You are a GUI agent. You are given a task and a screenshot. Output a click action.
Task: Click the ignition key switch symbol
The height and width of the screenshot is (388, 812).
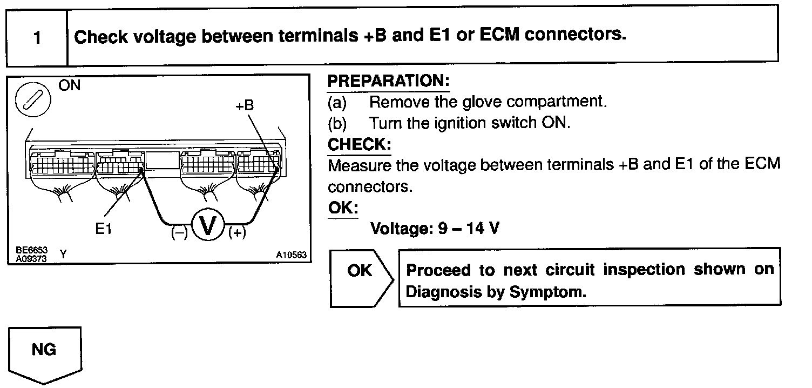[x=33, y=101]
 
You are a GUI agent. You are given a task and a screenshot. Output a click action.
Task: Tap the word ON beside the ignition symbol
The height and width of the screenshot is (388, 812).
[x=69, y=86]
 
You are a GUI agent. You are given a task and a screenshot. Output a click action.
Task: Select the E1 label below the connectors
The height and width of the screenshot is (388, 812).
[x=103, y=229]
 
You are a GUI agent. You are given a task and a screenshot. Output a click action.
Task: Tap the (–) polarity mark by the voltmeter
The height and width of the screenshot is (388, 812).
[x=179, y=233]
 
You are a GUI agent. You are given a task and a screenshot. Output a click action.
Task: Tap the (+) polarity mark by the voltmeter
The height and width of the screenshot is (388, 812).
[x=237, y=233]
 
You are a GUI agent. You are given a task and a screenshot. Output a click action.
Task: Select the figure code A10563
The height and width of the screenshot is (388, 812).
[x=292, y=255]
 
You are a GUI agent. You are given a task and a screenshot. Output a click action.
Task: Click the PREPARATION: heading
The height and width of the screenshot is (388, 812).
[x=388, y=82]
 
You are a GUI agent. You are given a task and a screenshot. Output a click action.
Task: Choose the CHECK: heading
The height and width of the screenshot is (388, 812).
[x=359, y=145]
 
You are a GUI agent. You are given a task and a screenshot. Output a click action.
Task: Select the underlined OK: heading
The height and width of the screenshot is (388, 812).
[x=342, y=208]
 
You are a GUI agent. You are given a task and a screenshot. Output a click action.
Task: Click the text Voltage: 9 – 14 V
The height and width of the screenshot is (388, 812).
[x=435, y=229]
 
